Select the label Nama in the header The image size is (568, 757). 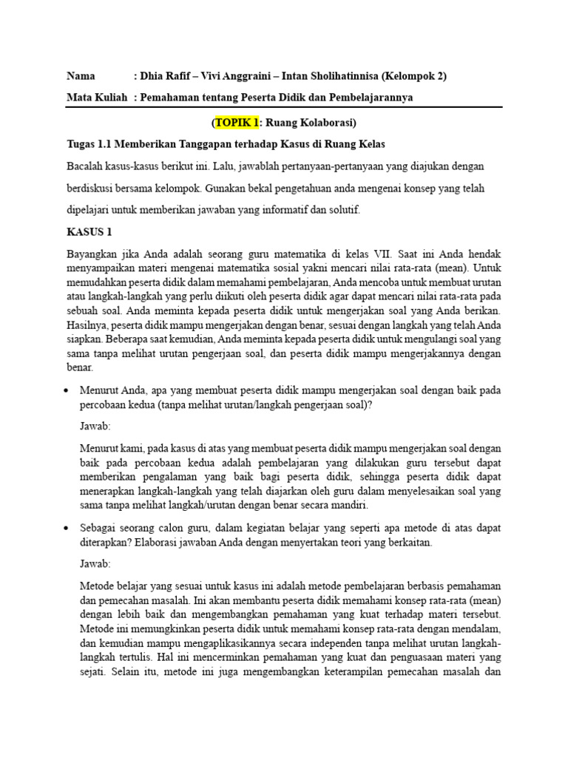(81, 75)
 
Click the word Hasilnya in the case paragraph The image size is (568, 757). (87, 325)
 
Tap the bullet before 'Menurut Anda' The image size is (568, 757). (69, 390)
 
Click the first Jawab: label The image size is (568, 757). (95, 427)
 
